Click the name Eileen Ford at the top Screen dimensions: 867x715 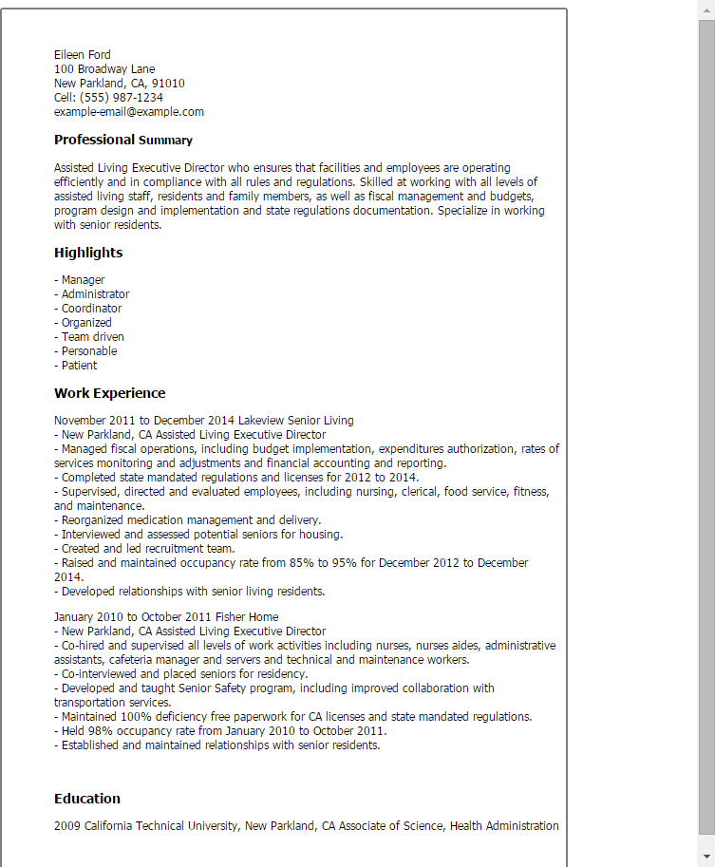(x=82, y=55)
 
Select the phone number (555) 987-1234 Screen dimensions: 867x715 (x=122, y=98)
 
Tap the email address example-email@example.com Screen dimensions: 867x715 (x=128, y=112)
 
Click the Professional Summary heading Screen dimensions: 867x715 (x=123, y=141)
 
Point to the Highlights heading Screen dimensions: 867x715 (x=88, y=253)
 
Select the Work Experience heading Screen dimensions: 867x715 (x=109, y=393)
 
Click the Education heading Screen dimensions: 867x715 (x=87, y=799)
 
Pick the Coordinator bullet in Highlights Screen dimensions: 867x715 (x=91, y=309)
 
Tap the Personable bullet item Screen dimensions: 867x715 (x=89, y=351)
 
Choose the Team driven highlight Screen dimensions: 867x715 (x=92, y=337)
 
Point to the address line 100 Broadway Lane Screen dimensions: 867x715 (x=104, y=69)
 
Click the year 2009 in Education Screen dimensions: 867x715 (x=67, y=826)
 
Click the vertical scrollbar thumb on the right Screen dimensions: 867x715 (x=706, y=427)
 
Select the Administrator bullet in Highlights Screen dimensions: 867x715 (x=95, y=294)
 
